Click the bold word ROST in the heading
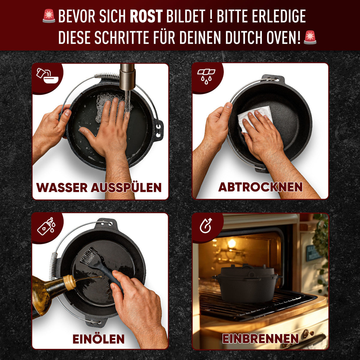point(146,16)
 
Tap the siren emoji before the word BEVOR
point(49,16)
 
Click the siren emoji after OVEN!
point(310,37)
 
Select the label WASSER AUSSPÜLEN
point(99,187)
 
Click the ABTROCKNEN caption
point(260,187)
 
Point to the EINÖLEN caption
point(98,339)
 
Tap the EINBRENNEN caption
point(260,339)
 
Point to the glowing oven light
point(231,243)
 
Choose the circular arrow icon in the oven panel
point(206,226)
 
